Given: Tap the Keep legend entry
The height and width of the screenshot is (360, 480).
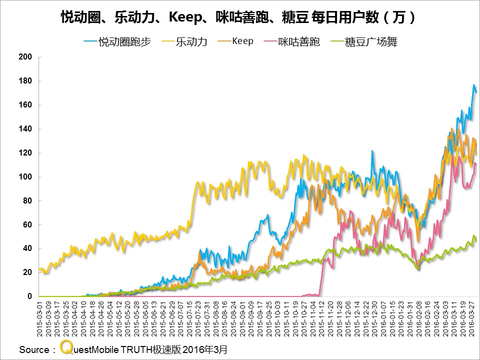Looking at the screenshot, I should click(x=242, y=41).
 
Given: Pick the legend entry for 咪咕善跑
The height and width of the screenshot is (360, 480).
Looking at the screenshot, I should click(x=299, y=42).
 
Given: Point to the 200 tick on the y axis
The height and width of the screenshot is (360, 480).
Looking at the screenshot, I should click(x=26, y=57).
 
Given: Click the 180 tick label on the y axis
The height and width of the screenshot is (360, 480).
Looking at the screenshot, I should click(x=26, y=81).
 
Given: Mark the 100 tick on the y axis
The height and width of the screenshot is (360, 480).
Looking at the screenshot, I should click(x=26, y=177).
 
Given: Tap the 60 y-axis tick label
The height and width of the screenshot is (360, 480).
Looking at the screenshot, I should click(x=28, y=225).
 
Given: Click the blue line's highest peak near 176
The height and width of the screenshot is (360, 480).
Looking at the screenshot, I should click(x=473, y=85).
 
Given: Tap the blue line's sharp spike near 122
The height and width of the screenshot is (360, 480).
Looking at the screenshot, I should click(x=372, y=150).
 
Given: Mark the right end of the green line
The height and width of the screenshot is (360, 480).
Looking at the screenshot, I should click(x=476, y=241).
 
